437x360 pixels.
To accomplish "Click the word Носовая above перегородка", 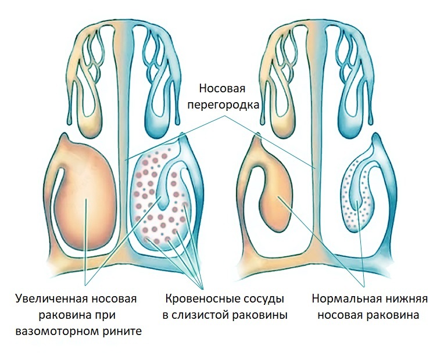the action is tap(222, 89).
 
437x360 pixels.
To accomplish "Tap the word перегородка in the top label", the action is tap(228, 105).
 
